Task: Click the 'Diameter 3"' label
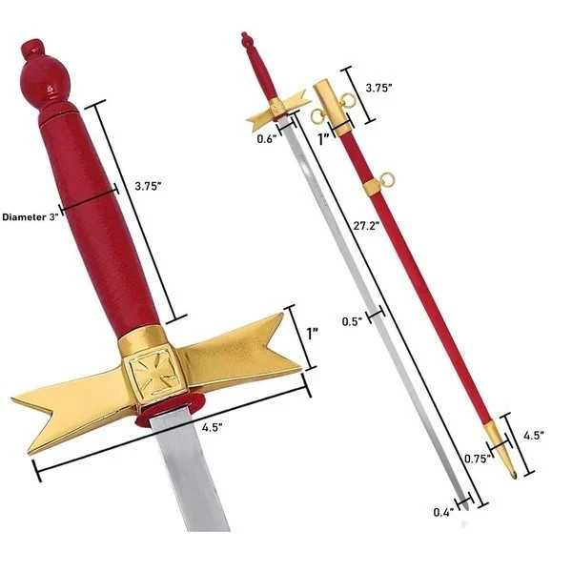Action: click(x=31, y=217)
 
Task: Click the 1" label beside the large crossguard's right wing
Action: click(x=313, y=336)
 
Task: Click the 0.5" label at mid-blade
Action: click(x=354, y=320)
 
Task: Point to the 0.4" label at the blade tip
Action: click(x=441, y=512)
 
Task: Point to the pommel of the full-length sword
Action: click(x=247, y=40)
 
